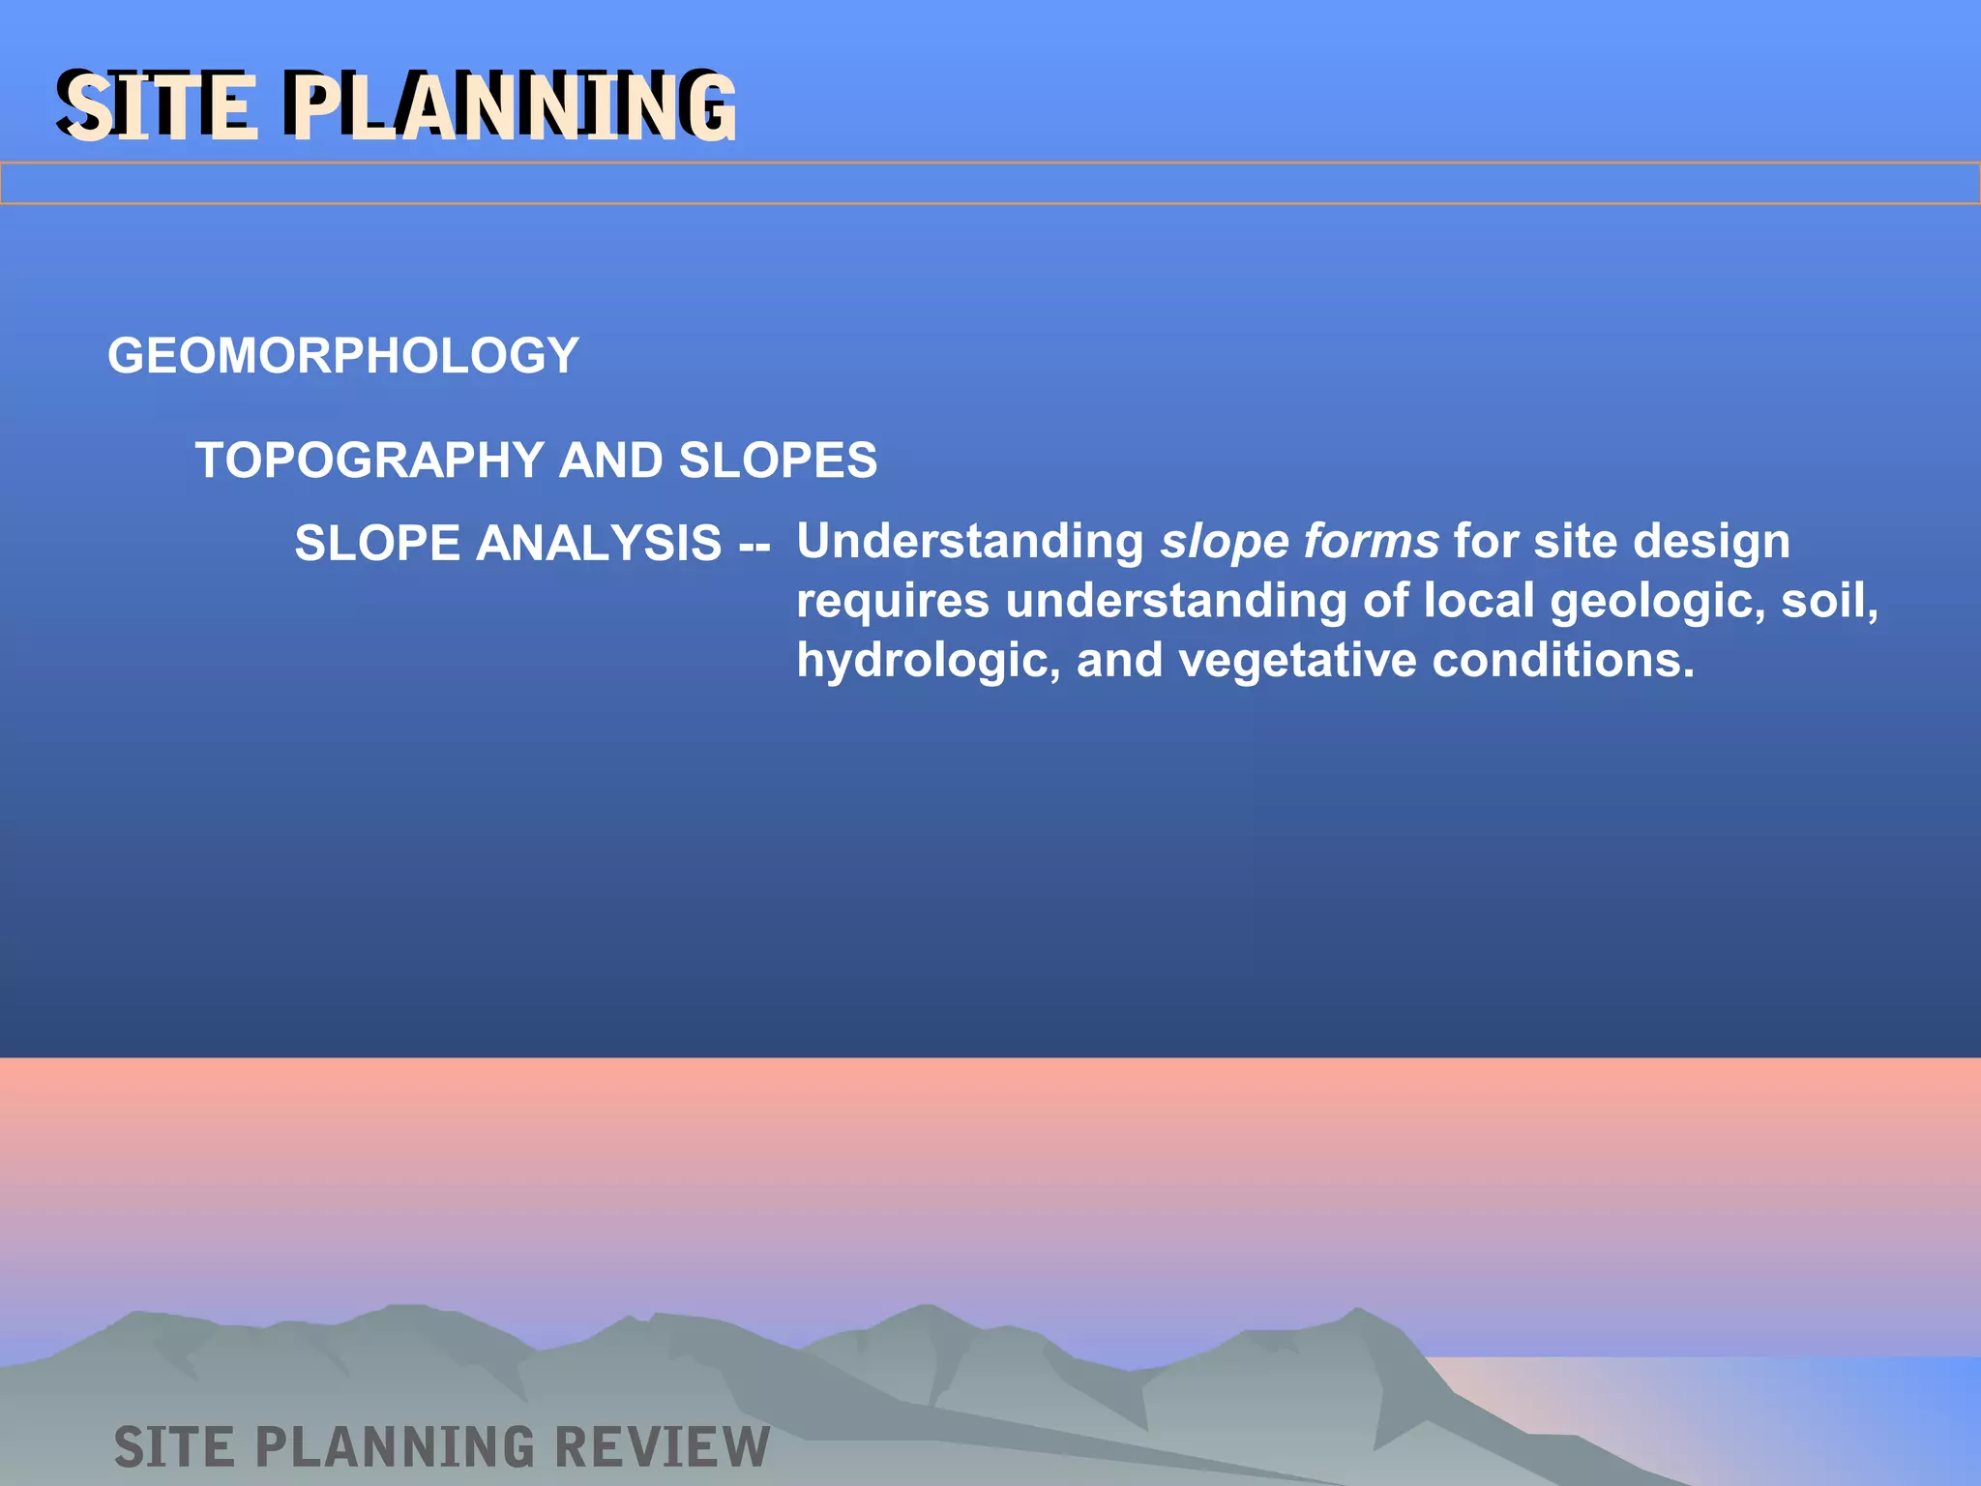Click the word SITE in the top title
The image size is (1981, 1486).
pos(160,106)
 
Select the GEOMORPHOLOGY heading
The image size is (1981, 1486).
pos(342,356)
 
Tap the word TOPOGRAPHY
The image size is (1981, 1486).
pos(370,461)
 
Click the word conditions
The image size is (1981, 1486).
pos(1562,661)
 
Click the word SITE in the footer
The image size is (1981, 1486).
pos(174,1447)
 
